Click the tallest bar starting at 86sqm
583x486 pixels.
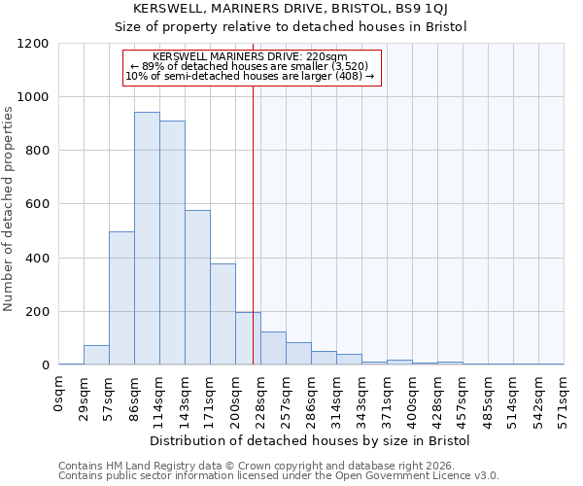[x=147, y=238]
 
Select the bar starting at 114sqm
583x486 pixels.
[x=172, y=243]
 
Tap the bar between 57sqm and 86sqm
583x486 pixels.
[x=121, y=298]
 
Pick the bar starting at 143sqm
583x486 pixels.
[x=197, y=288]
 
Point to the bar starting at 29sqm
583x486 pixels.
[x=96, y=355]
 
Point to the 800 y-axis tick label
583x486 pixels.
[x=36, y=151]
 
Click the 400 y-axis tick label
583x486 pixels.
[x=36, y=259]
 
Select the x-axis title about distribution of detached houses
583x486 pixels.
[x=310, y=440]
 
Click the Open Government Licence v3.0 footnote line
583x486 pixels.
[x=279, y=475]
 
